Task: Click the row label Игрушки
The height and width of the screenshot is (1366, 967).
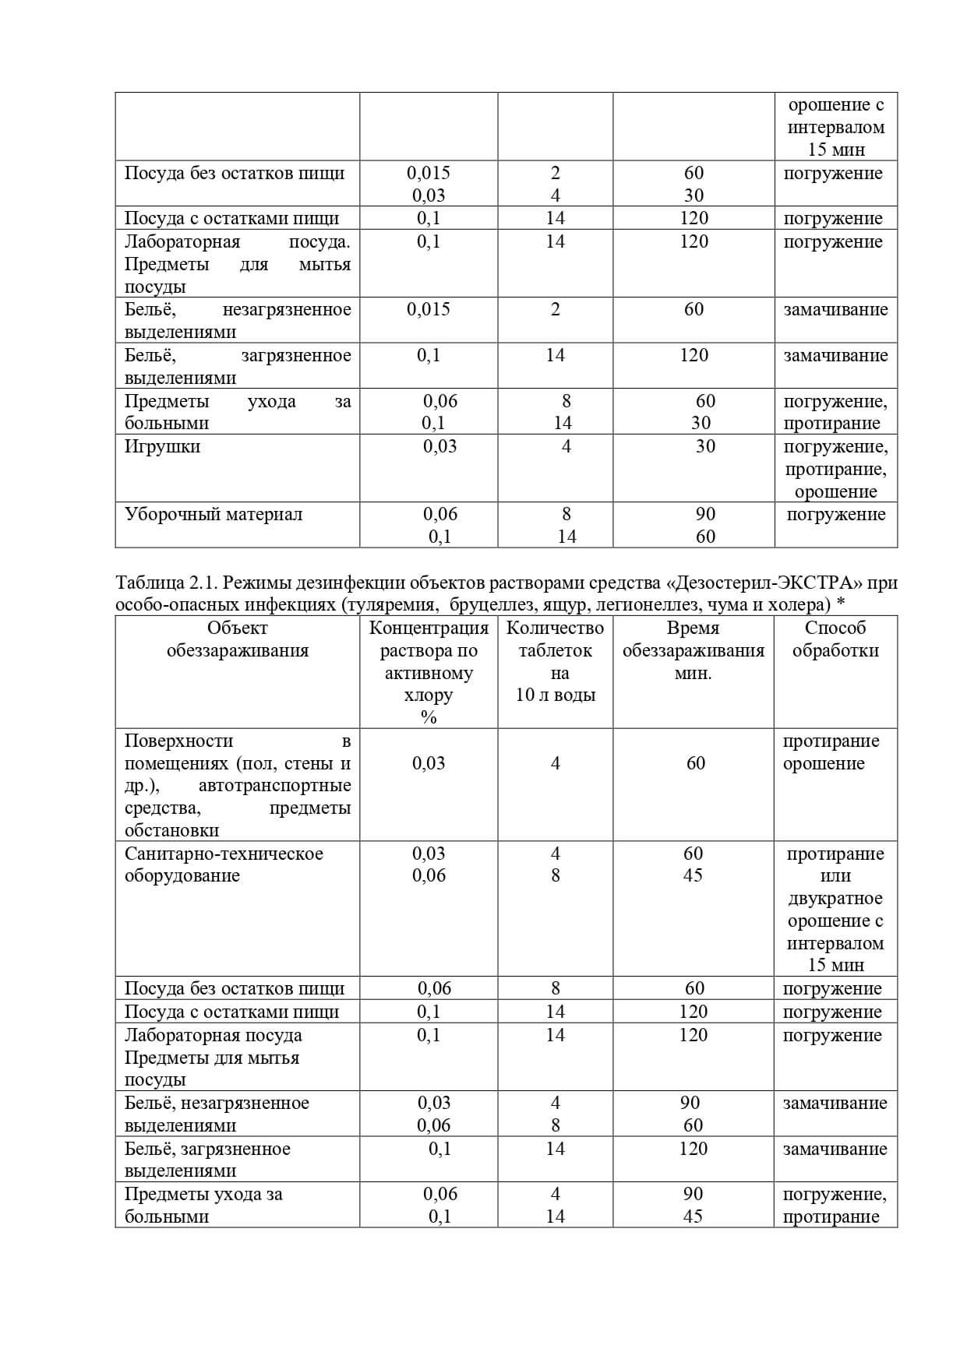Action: coord(162,446)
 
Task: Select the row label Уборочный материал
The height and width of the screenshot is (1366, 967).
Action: coord(213,514)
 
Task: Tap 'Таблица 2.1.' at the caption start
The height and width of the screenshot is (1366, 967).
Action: coord(164,583)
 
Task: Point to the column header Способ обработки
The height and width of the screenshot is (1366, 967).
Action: coord(835,639)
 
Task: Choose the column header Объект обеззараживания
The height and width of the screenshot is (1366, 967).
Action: coord(237,639)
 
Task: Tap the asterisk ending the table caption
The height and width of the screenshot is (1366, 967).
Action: coord(841,604)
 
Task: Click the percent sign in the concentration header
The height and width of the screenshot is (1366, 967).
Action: coord(429,718)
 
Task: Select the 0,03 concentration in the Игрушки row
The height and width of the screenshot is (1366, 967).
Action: coord(439,446)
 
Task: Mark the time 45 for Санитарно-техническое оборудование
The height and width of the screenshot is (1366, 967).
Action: coord(693,875)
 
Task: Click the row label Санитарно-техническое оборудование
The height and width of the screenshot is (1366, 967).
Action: coord(224,864)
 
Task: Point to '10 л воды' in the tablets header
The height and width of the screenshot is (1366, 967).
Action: coord(555,695)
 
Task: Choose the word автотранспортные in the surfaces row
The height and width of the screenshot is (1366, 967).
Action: coord(274,785)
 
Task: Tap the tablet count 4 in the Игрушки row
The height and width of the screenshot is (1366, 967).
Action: coord(566,446)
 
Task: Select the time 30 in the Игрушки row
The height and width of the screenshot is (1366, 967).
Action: coord(705,446)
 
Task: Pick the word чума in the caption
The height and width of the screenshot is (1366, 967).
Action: coord(727,605)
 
